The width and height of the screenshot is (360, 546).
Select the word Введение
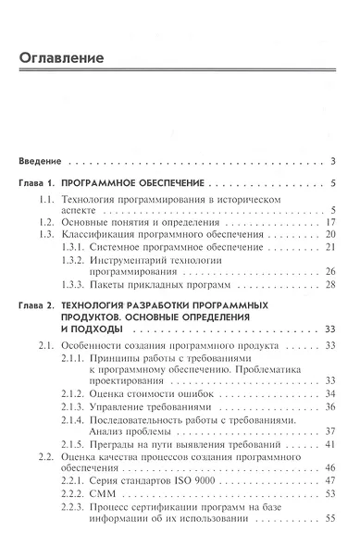[x=41, y=160]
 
